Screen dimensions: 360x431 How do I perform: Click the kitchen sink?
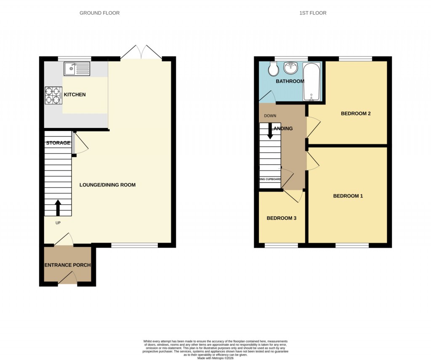[77, 69]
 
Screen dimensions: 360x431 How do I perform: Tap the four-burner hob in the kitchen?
[53, 95]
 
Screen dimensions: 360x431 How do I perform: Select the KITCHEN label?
[75, 95]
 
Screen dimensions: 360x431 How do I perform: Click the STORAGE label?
[58, 143]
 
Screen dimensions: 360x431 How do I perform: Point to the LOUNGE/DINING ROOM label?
[107, 185]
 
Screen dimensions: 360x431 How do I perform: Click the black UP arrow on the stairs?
[58, 208]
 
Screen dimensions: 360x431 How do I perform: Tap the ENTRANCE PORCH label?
[67, 265]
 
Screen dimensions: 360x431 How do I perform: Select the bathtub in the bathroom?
[311, 82]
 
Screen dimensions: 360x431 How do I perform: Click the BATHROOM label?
[290, 81]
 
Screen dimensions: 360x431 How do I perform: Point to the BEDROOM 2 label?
[356, 114]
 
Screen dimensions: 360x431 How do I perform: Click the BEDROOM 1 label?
[348, 196]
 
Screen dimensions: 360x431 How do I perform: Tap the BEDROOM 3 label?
[282, 218]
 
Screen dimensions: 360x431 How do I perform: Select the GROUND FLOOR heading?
[99, 13]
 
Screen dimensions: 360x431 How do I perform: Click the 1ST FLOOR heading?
[313, 13]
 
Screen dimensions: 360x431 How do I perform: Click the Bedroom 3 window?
[281, 245]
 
